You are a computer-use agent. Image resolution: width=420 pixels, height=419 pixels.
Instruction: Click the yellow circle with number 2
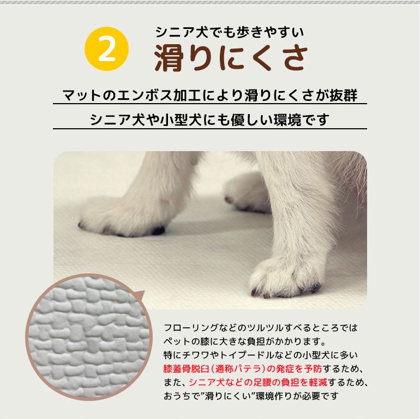(107, 49)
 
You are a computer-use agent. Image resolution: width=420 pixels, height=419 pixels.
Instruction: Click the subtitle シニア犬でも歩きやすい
(229, 32)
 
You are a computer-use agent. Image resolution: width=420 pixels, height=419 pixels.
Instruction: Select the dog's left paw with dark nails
(123, 218)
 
